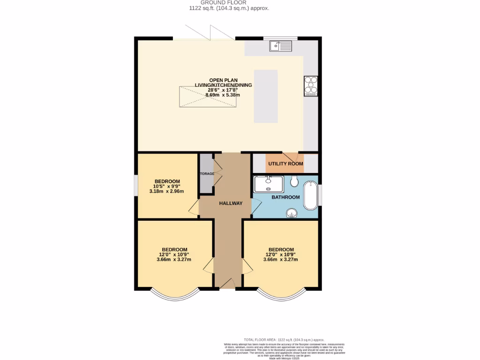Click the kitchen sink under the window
pos(280,46)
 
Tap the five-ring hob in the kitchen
pos(311,86)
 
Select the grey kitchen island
pos(266,95)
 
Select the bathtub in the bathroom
pos(310,196)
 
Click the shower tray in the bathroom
pos(268,184)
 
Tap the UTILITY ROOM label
pos(285,164)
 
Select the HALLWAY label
pos(231,203)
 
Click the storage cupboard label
pos(207,173)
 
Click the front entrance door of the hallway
pos(228,284)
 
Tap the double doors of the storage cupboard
pos(217,173)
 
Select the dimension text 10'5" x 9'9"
pos(166,187)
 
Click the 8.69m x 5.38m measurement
pos(223,95)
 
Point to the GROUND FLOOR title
pos(229,2)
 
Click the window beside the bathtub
pos(321,195)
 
